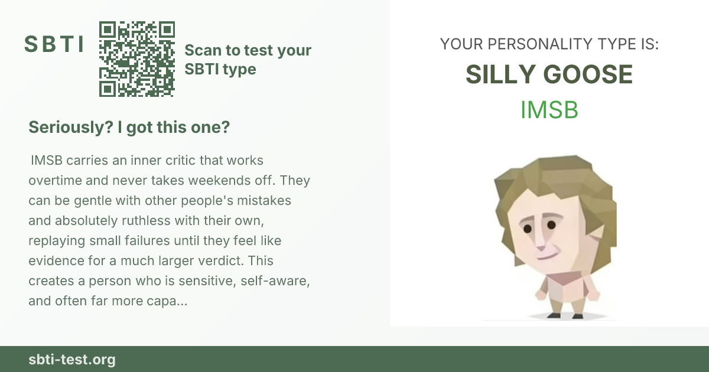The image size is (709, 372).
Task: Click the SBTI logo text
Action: coord(54,44)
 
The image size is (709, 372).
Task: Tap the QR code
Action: coord(136,59)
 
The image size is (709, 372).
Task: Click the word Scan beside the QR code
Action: coord(203,50)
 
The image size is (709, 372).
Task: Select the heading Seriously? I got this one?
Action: coord(129,127)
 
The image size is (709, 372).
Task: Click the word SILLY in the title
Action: coord(500,74)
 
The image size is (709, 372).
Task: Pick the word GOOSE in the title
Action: coord(588,74)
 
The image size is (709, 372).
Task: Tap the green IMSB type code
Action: coord(549,110)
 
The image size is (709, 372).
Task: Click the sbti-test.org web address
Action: coord(72,360)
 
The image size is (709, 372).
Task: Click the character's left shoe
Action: coord(578,316)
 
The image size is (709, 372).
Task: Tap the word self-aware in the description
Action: coord(275,281)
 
